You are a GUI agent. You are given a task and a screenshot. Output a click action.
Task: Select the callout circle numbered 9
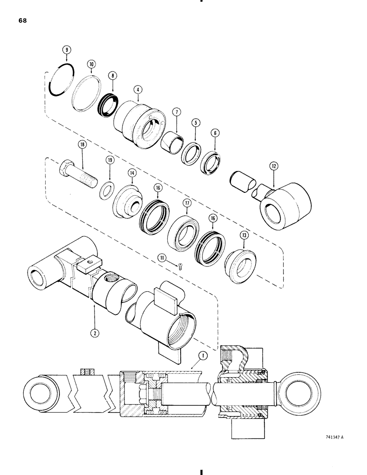point(67,49)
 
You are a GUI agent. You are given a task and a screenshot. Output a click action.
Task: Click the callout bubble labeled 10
point(91,64)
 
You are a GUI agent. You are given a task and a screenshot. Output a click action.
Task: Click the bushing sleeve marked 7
point(172,142)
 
